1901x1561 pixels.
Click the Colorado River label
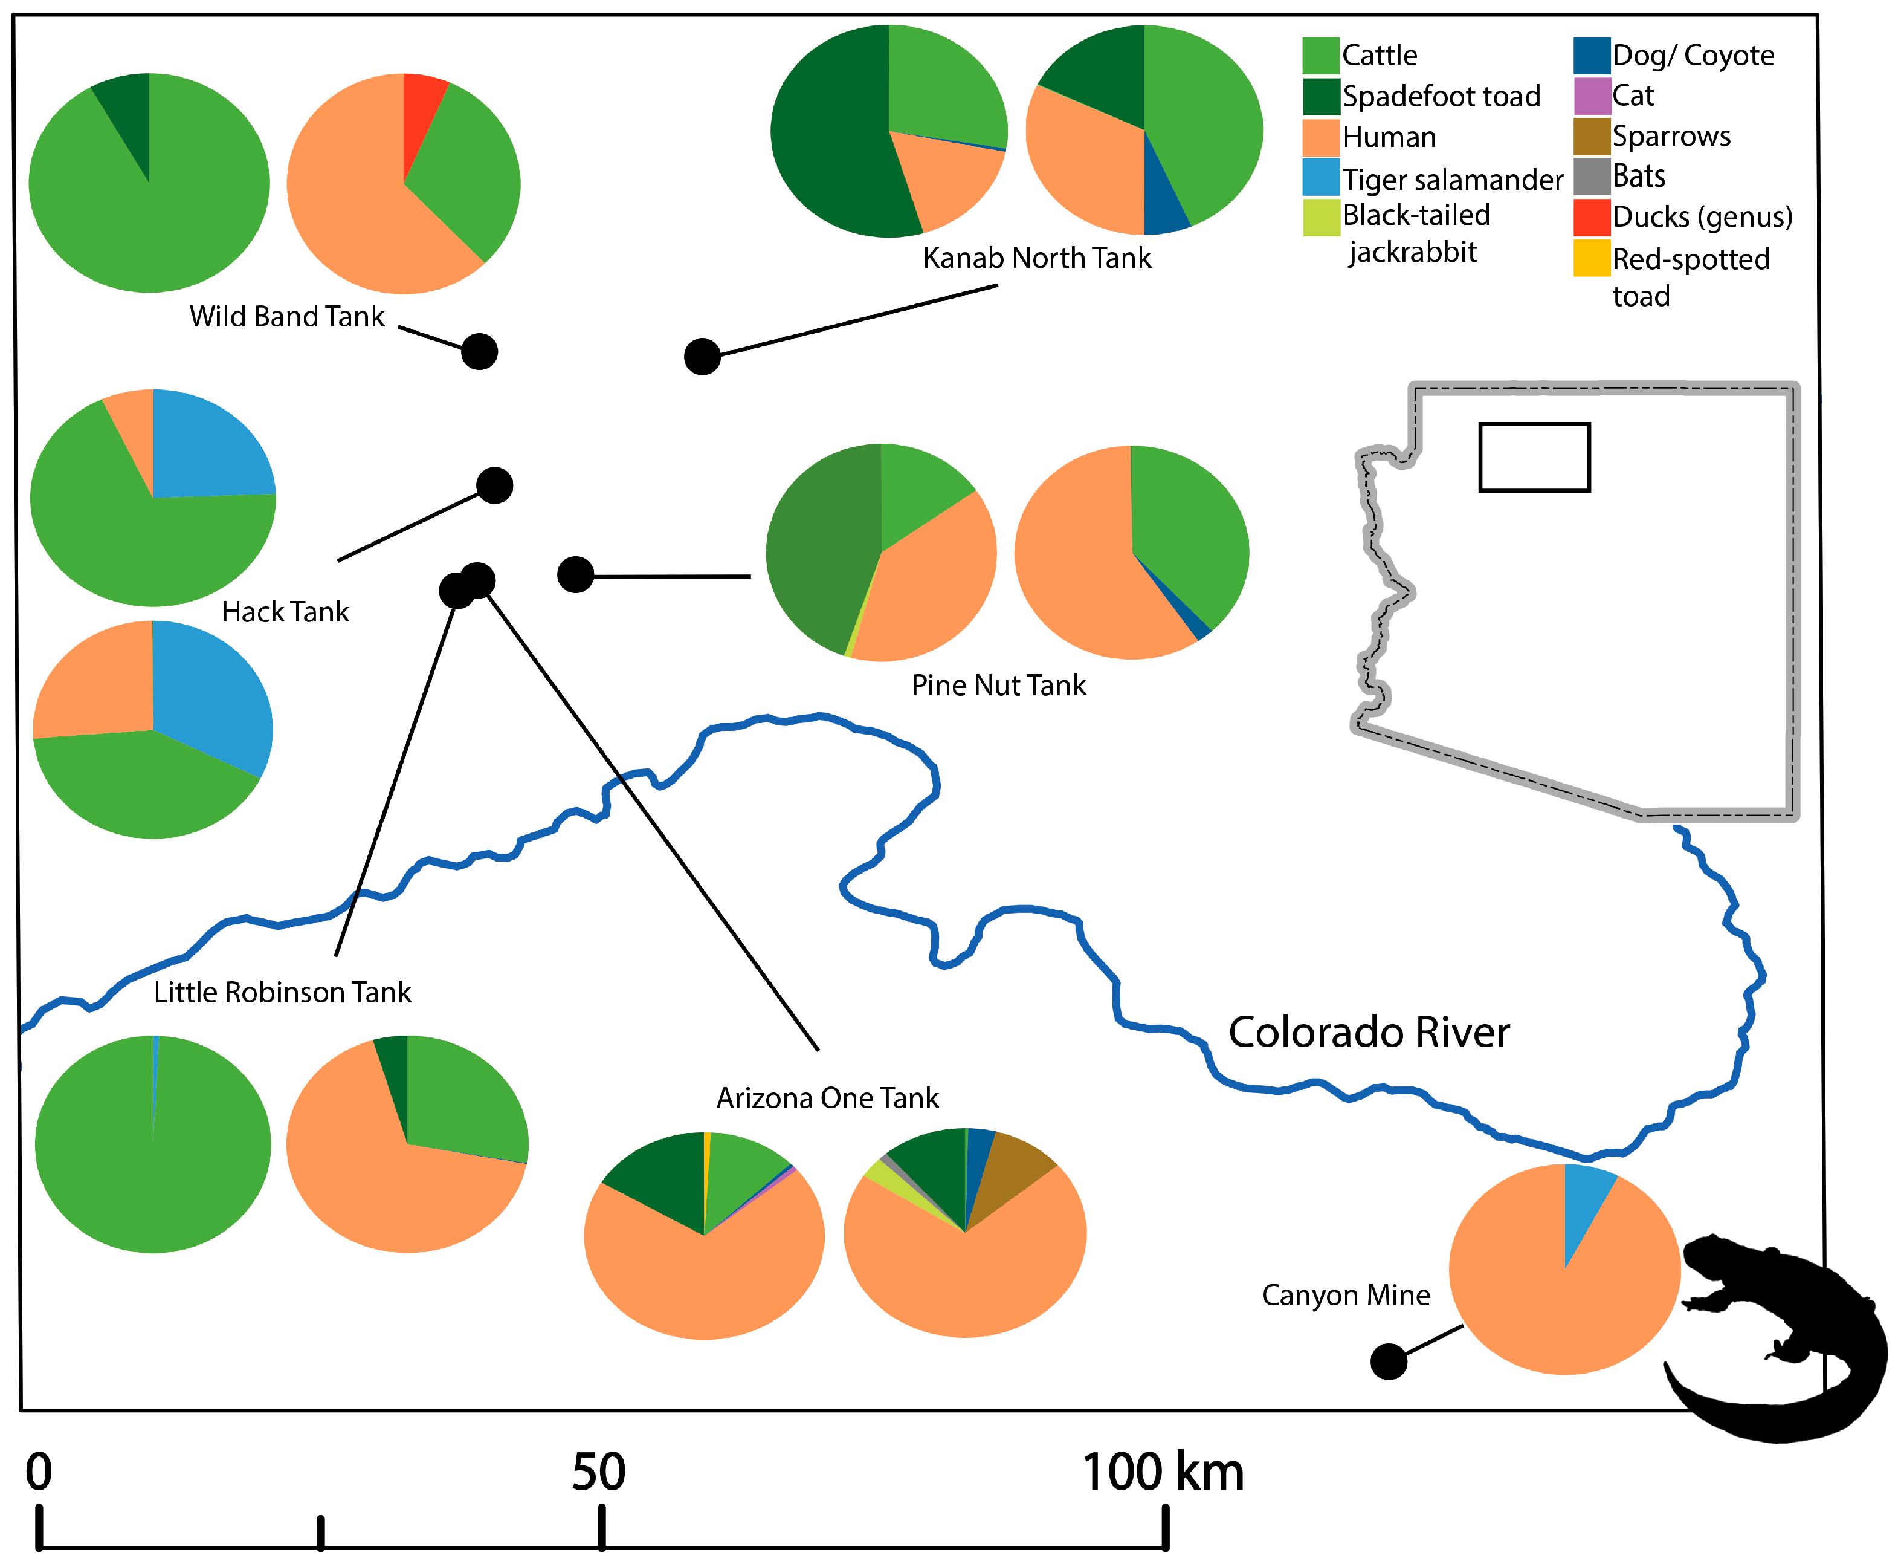tap(1368, 1032)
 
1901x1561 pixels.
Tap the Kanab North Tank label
tap(1036, 258)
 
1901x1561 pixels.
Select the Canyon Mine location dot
tap(1388, 1361)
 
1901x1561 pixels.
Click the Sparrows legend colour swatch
tap(1591, 136)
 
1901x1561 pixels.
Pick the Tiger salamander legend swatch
tap(1320, 177)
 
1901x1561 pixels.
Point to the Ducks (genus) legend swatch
tap(1591, 216)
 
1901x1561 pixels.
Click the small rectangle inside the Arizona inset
tap(1534, 457)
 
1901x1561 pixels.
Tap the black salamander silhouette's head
tap(1704, 1255)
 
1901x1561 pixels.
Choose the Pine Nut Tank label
tap(999, 685)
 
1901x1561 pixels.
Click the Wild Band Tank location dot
tap(479, 352)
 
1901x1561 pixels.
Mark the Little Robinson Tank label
tap(282, 992)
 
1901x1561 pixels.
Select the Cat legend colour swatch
tap(1591, 96)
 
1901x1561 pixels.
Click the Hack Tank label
tap(285, 611)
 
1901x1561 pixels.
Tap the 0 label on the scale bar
tap(39, 1473)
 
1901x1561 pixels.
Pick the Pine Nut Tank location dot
tap(575, 574)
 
